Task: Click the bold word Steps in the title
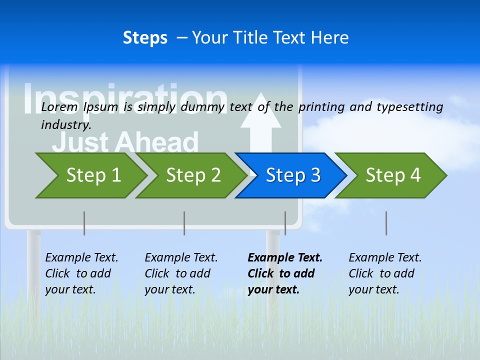[x=145, y=38]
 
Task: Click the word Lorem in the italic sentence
[x=59, y=106]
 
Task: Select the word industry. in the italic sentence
[x=66, y=124]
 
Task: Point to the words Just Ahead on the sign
[x=125, y=142]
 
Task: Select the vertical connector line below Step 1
[x=84, y=223]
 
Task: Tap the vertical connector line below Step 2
[x=184, y=223]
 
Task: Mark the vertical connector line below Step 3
[x=285, y=223]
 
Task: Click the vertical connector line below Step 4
[x=386, y=223]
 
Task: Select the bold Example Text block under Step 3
[x=285, y=273]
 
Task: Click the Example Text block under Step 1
[x=81, y=273]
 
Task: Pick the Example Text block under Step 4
[x=385, y=273]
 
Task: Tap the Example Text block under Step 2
[x=181, y=273]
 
